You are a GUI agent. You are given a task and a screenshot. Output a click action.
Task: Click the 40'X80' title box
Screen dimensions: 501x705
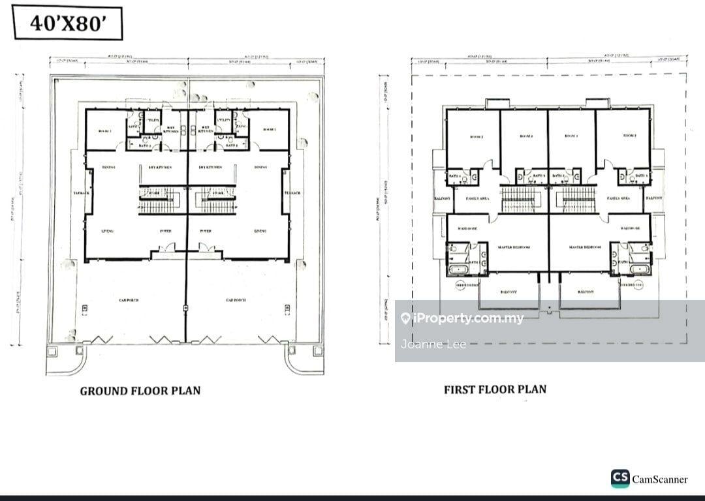tap(67, 24)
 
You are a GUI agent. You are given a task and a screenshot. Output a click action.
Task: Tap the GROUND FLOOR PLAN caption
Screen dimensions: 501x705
tap(140, 391)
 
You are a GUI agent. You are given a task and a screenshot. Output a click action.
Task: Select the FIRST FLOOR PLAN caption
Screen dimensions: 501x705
tap(495, 389)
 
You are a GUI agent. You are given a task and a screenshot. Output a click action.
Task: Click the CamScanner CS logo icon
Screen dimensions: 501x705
tap(620, 479)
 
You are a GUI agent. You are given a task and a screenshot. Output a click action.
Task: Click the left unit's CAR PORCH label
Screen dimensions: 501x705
tap(128, 300)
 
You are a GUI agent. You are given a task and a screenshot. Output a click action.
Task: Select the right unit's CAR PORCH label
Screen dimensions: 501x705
tap(236, 300)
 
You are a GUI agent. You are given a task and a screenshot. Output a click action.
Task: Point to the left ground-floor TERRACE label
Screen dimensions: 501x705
tap(82, 193)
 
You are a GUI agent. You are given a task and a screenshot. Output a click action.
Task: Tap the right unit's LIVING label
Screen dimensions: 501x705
tap(260, 231)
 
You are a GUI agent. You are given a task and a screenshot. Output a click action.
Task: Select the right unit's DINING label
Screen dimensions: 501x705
tap(260, 167)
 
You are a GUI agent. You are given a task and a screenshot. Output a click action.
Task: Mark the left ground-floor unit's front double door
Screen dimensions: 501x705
tap(167, 248)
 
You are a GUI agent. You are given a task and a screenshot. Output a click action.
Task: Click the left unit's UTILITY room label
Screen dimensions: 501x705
tap(152, 120)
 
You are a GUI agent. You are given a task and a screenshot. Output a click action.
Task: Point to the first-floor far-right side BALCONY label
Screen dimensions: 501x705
tap(654, 198)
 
